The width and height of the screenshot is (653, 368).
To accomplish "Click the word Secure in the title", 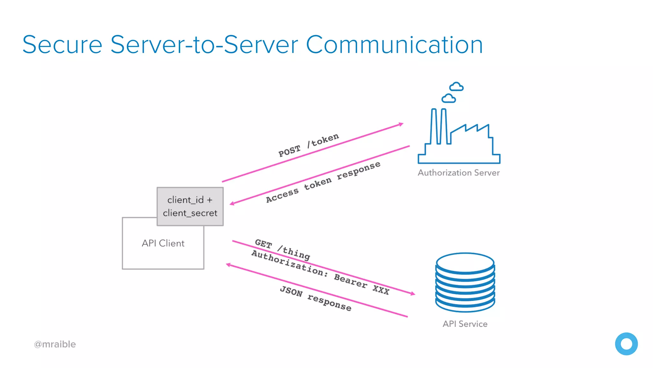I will tap(62, 45).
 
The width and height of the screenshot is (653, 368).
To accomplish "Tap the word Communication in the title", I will tap(394, 45).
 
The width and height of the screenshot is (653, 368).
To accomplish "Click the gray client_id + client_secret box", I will tap(190, 206).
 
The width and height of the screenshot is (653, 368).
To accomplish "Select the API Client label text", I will tap(163, 243).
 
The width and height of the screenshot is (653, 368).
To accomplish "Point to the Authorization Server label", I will tap(459, 173).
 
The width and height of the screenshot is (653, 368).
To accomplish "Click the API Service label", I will tap(465, 324).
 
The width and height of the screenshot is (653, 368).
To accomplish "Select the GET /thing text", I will tap(282, 249).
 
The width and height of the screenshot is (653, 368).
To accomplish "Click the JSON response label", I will tap(315, 298).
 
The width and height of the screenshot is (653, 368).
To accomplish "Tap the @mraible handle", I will tap(55, 344).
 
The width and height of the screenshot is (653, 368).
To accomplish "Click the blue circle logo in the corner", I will tap(626, 344).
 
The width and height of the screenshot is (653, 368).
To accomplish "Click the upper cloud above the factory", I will tap(456, 87).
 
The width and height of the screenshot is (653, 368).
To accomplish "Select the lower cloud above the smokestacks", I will tap(449, 98).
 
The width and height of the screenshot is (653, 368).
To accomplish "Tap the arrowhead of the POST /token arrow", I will tap(401, 124).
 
